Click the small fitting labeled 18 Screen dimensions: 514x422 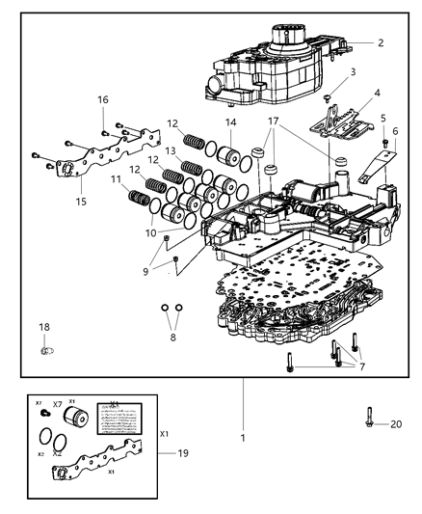[46, 351]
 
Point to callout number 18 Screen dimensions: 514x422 [44, 328]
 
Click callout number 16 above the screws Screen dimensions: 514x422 [103, 99]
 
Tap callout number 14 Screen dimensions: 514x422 [230, 122]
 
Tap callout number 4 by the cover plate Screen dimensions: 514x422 [378, 94]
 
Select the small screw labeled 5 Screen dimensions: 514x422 [385, 144]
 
